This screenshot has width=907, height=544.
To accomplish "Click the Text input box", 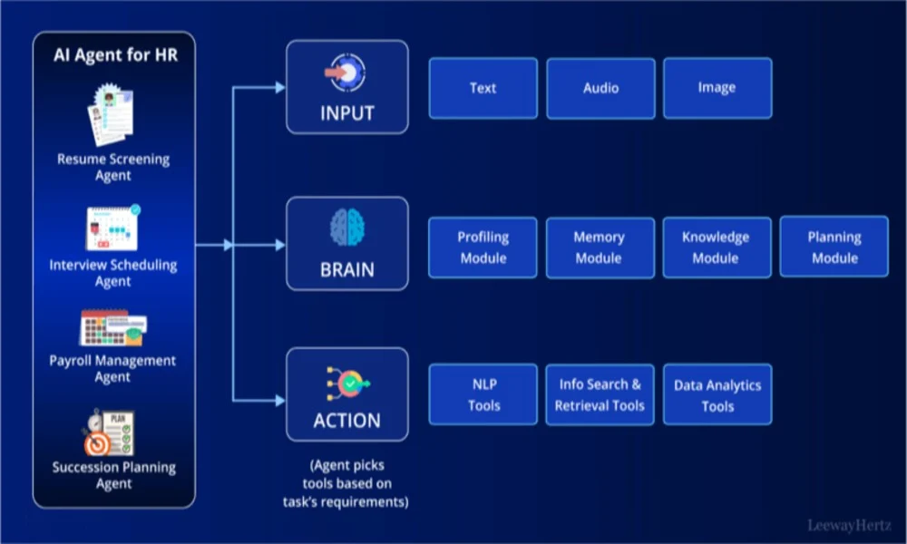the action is click(x=483, y=88).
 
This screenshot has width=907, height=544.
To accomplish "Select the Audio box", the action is click(x=600, y=89).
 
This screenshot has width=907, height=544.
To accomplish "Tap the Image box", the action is click(x=717, y=88).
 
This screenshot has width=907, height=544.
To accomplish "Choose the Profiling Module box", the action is click(x=483, y=248).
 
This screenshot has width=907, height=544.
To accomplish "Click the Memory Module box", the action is click(x=600, y=248).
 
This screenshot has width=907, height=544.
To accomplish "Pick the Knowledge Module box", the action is click(x=717, y=248).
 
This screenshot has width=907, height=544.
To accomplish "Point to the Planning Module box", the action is click(x=834, y=247).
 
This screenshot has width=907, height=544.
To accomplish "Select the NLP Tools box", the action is click(x=483, y=394).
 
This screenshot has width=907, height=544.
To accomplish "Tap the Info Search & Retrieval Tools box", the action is click(x=600, y=395).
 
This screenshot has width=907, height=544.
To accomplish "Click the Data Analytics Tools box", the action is click(x=717, y=394).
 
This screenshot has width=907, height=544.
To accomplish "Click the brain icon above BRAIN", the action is click(x=347, y=228).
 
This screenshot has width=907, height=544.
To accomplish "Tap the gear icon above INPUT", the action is click(x=346, y=73).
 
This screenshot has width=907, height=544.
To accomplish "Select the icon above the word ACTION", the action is click(x=347, y=384).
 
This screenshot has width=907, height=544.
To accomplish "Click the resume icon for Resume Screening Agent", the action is click(x=111, y=114).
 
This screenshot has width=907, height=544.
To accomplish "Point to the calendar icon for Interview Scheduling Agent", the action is click(x=112, y=228).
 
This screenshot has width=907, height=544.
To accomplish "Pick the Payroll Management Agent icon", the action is click(x=113, y=328).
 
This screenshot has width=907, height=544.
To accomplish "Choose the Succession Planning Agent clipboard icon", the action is click(x=109, y=433).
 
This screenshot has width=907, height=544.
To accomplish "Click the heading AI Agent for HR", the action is click(x=116, y=55).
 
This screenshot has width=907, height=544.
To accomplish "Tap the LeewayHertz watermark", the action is click(x=849, y=526).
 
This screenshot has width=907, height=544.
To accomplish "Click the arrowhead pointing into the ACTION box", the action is click(x=280, y=400).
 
